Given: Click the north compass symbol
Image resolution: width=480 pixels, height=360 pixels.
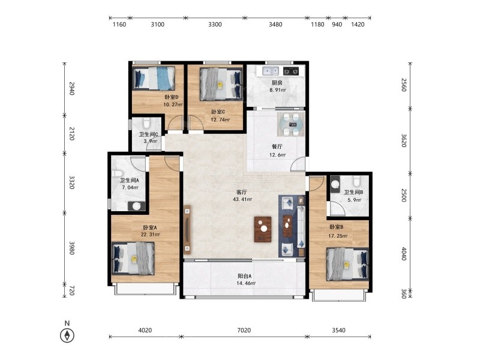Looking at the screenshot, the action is coord(67,335).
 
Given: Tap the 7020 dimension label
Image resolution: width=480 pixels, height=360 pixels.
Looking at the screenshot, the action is coord(244,330).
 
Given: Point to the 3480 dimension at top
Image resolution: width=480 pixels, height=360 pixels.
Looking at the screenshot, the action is coord(275,25).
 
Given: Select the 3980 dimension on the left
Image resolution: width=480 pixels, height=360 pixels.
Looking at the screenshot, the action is coord(71,248).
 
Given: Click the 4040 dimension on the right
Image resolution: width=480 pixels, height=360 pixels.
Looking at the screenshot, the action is coord(404,254).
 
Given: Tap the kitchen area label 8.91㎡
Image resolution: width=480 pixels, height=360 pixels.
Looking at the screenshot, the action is coord(278,90).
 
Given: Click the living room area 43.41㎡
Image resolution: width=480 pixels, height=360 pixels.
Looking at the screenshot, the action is coord(242,199).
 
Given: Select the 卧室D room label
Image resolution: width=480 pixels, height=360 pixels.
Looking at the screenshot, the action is coord(172,97).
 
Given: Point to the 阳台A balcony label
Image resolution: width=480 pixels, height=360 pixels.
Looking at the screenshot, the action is coord(244,276).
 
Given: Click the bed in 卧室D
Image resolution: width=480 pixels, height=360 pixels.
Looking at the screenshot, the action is coord(154,78).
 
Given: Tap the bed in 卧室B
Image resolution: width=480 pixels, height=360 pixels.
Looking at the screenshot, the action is coord(348,264).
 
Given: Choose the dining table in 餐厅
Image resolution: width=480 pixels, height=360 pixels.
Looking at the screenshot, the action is coord(291,124).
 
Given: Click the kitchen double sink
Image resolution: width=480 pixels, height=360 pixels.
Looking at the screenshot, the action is coord(271,71).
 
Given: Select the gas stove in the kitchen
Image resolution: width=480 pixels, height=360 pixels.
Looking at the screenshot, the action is coord(291,71).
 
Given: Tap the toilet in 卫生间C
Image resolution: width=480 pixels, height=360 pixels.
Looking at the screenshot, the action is coord(146,123).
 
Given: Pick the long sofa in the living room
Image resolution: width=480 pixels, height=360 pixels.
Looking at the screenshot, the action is coord(301,227).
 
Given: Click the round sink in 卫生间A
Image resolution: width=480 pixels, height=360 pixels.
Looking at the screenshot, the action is coord(137,206).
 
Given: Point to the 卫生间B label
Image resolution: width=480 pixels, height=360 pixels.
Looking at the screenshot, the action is coord(353,192).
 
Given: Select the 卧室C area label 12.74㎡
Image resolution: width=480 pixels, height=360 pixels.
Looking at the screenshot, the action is coord(220,119).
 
